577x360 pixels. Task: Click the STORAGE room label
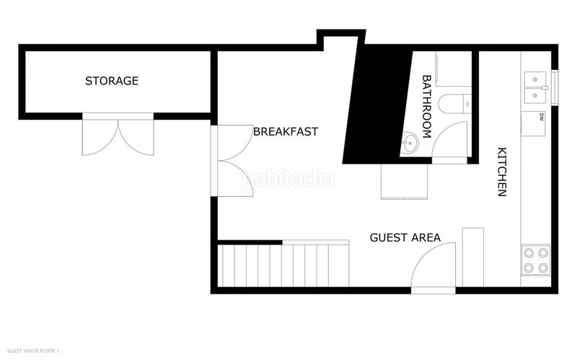pos(112,81)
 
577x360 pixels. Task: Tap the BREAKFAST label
pos(286,131)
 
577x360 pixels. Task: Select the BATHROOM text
pos(426,107)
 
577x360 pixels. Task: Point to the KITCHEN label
pos(502,172)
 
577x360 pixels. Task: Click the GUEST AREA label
pos(405,237)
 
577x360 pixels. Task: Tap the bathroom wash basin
pos(409,141)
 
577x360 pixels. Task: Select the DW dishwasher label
pos(542,117)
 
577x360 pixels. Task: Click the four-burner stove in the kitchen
pos(536,260)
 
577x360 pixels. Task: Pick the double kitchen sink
pos(535,87)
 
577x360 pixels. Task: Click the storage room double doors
pos(118,135)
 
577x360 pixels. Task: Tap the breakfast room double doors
pos(232,161)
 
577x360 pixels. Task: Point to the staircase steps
pos(283,265)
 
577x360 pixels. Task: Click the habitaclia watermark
pos(288,179)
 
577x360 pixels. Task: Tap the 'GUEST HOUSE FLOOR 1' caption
pos(33,351)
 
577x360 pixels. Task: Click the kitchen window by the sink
pos(555,87)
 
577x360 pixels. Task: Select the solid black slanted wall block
pos(376,104)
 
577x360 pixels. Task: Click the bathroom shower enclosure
pos(454,69)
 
